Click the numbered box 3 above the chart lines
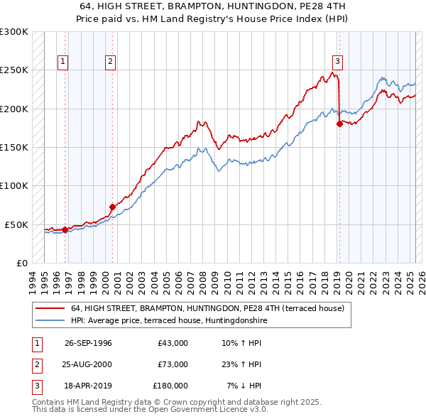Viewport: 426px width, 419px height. tap(337, 62)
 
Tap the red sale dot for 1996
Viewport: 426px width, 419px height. tap(65, 229)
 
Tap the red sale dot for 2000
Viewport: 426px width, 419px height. tap(112, 207)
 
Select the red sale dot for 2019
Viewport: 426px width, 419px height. tap(339, 124)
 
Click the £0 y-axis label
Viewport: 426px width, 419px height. tap(21, 263)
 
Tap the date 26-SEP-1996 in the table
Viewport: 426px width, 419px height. tap(88, 343)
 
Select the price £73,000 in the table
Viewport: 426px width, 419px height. tap(173, 364)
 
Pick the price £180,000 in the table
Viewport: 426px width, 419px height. tap(170, 386)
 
